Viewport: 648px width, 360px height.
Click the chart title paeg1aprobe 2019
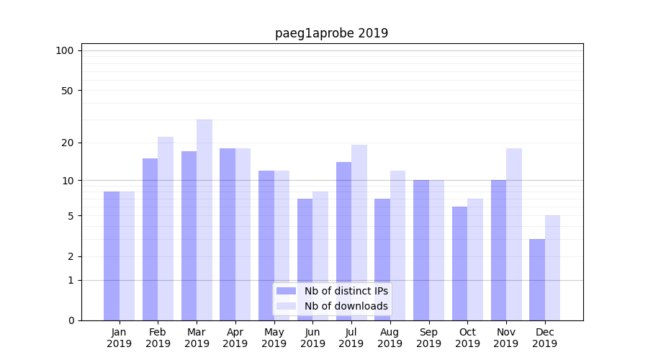(331, 33)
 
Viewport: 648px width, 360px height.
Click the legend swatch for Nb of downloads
(287, 306)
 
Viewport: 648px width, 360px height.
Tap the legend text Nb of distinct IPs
(346, 291)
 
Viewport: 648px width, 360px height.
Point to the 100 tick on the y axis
(65, 50)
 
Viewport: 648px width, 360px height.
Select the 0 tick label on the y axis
(71, 320)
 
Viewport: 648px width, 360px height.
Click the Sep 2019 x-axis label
(428, 338)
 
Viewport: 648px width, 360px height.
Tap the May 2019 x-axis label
(274, 338)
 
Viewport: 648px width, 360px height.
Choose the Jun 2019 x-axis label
(312, 338)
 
